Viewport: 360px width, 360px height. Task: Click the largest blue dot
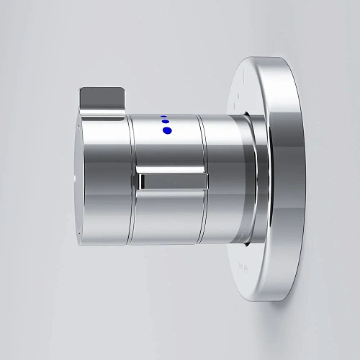[168, 130]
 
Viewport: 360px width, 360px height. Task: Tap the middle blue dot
[165, 122]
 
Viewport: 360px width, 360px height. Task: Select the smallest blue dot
[164, 116]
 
